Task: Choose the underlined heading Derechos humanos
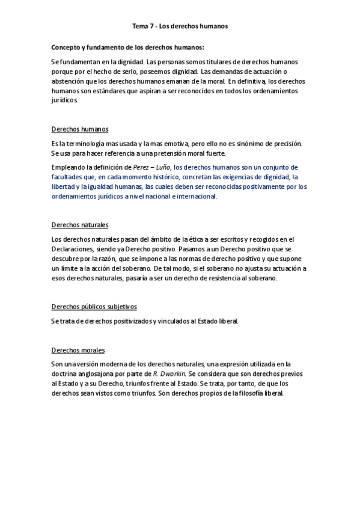point(80,129)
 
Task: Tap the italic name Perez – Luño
point(153,167)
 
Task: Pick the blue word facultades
point(69,177)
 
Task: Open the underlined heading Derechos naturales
point(80,224)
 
